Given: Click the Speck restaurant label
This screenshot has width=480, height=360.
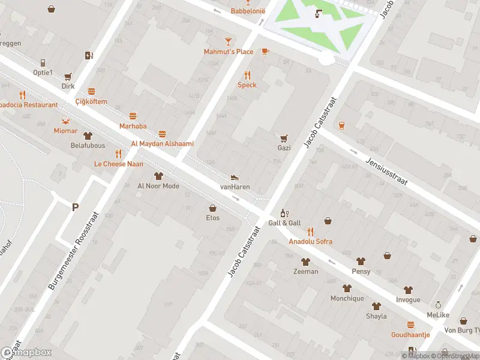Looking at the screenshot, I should point(247,85).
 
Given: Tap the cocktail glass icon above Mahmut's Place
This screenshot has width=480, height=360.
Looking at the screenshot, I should point(228,41).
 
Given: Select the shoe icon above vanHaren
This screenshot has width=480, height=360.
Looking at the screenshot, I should point(235,177).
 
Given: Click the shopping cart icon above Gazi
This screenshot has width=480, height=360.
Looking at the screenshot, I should point(284,137).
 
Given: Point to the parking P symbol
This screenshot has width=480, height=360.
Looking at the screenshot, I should point(75,208).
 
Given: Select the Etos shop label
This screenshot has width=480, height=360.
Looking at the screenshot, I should point(212,218).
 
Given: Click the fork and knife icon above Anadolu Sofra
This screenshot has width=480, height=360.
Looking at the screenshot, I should point(310,232).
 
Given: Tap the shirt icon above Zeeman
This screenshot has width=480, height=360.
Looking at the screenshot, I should point(305,262).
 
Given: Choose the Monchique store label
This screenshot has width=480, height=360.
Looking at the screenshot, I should point(347,298).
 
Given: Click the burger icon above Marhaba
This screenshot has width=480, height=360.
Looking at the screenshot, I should point(133,116).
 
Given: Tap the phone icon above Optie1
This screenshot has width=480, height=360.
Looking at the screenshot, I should point(43,63).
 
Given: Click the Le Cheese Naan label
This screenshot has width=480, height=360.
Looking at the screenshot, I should point(118,164).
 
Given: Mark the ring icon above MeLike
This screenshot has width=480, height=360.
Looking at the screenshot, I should point(438,305).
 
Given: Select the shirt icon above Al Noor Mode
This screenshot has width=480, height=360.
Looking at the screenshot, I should point(158,176).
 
